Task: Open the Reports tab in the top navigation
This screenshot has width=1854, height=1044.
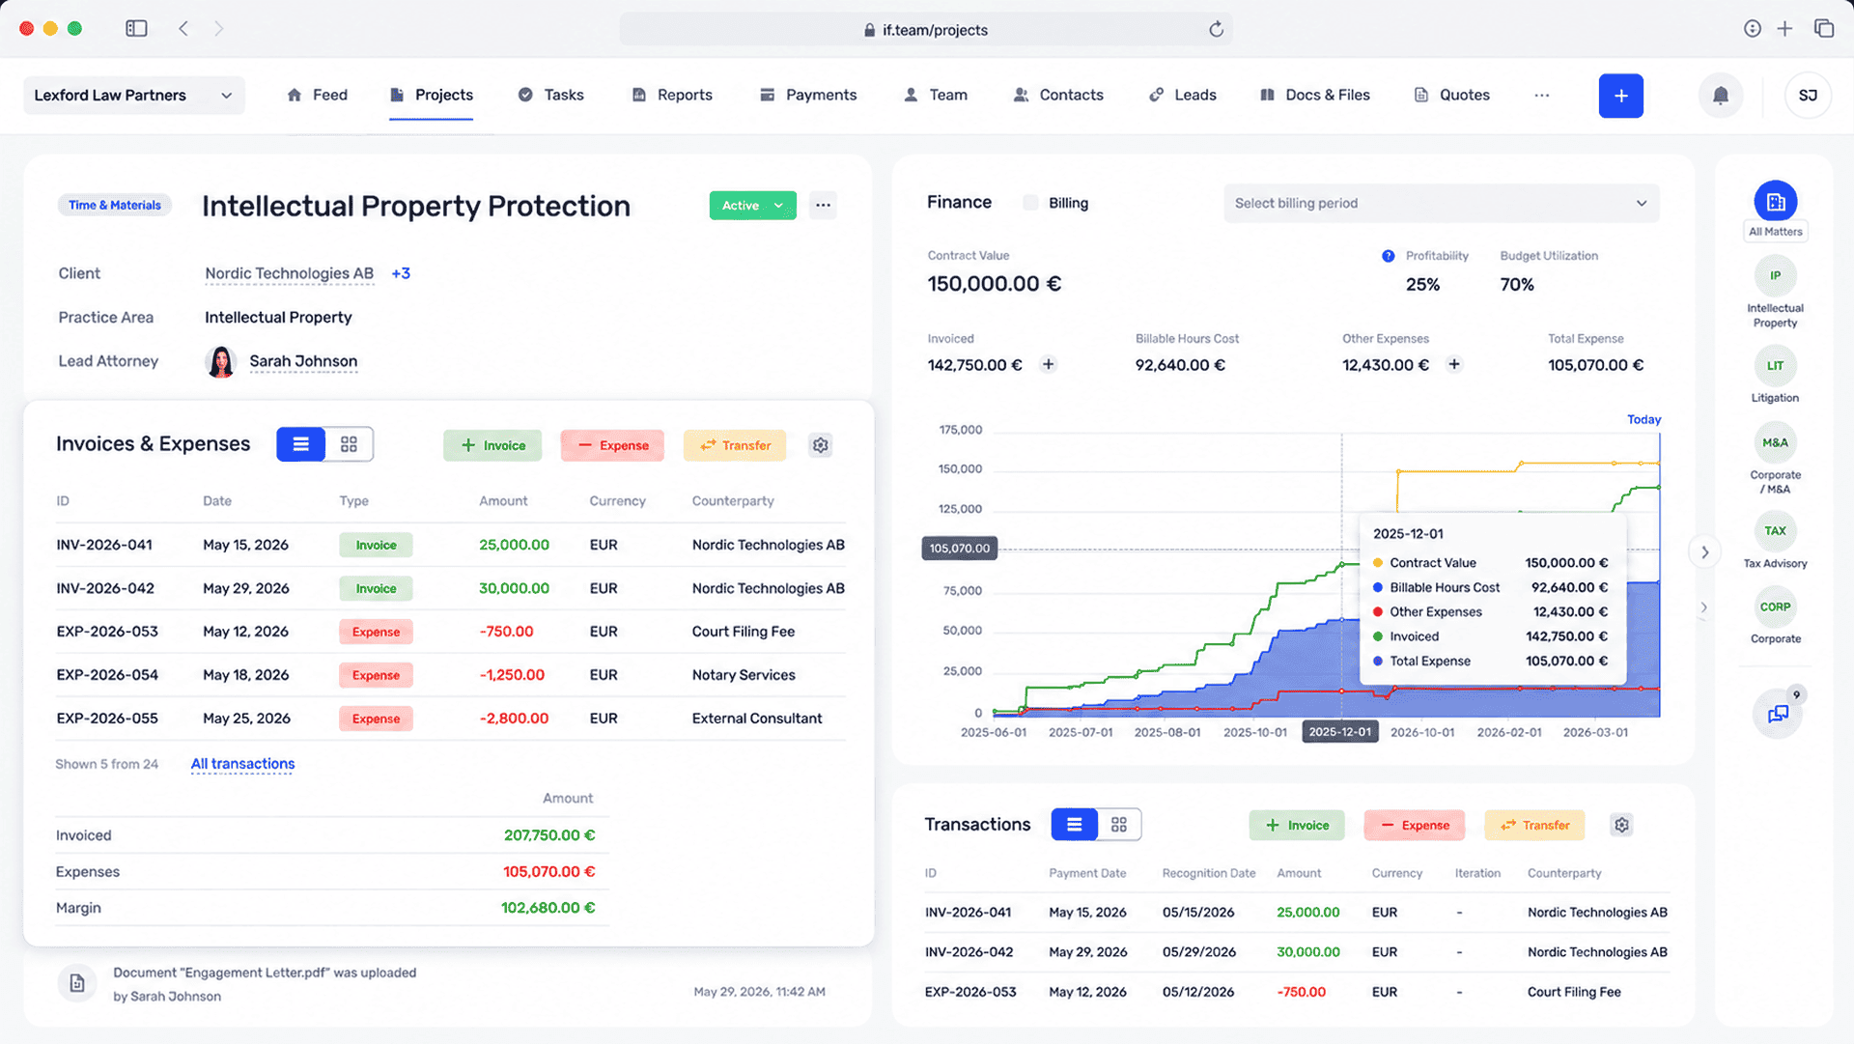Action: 672,95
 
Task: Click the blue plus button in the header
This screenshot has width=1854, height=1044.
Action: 1620,96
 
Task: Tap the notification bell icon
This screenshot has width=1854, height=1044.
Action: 1720,96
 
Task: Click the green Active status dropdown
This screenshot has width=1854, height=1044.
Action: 752,205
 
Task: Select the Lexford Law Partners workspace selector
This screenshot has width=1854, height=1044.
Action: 133,95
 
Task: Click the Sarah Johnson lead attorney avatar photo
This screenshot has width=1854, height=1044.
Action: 221,361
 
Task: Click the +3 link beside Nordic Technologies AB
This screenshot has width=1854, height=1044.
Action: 401,273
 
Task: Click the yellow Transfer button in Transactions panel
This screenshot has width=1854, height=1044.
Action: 1534,825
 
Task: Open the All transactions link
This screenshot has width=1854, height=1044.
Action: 242,764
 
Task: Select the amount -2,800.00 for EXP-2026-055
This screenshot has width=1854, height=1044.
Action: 514,719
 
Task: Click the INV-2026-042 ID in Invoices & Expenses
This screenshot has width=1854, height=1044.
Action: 105,588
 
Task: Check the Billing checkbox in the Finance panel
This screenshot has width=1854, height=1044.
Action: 1030,203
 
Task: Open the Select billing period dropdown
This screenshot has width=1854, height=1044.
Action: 1441,203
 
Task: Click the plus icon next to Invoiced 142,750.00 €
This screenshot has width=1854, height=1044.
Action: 1048,364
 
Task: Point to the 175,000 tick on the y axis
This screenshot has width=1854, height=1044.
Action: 960,430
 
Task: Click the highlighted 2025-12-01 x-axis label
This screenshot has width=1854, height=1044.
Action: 1339,732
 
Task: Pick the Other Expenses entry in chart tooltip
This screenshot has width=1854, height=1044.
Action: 1435,611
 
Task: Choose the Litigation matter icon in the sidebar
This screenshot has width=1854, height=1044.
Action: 1775,366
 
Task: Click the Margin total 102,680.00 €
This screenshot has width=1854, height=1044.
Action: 548,908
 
